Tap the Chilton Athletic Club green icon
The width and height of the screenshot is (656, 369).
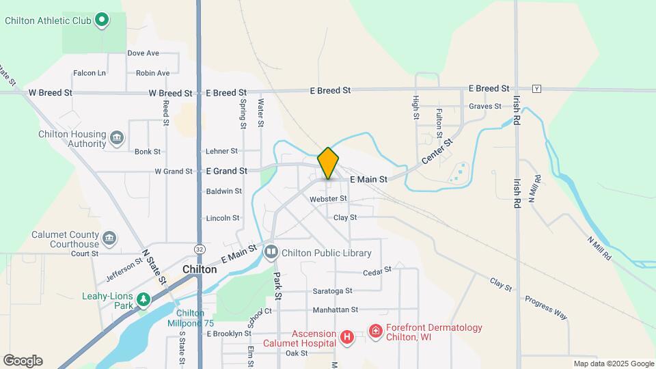[102, 20]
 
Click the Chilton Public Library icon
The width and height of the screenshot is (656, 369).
[271, 253]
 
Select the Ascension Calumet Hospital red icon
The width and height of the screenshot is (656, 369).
[347, 336]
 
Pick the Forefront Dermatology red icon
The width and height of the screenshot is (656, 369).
[375, 331]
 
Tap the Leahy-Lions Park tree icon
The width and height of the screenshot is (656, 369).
[143, 299]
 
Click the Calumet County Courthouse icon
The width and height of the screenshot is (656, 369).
[109, 238]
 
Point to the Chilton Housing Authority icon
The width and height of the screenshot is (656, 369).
[117, 139]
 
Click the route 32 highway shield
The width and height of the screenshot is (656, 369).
[199, 249]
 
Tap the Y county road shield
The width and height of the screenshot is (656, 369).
[537, 89]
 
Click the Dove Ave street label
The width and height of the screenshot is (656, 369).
[143, 53]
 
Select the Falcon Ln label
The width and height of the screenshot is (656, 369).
[90, 73]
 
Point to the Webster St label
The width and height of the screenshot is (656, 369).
[328, 199]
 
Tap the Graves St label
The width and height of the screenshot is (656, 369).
[485, 106]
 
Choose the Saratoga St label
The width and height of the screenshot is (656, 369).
[332, 290]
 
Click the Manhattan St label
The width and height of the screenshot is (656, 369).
[336, 310]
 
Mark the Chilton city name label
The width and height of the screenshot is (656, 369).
[200, 270]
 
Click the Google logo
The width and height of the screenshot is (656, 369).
[23, 361]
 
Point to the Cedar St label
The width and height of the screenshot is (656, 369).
[377, 271]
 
